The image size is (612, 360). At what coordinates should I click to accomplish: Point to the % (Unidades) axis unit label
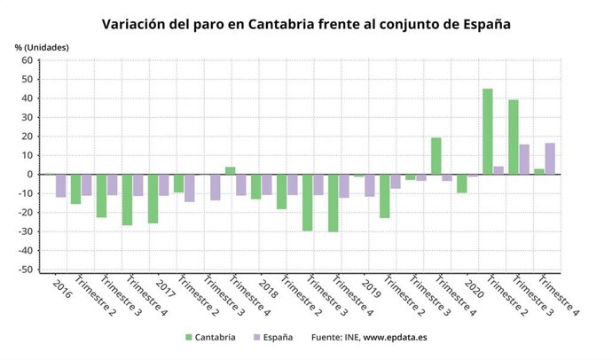[41, 46]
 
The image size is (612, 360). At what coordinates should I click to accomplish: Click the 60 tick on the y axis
[27, 60]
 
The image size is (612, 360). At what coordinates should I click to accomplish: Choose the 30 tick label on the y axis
[27, 117]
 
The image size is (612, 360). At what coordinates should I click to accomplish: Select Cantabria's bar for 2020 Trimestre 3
[513, 137]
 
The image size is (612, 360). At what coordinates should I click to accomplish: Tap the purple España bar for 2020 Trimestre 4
[550, 159]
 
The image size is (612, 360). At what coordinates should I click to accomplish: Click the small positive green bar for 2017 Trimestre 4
[230, 170]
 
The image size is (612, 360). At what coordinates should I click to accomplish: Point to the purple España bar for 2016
[60, 185]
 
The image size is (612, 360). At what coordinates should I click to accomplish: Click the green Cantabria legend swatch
[189, 338]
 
